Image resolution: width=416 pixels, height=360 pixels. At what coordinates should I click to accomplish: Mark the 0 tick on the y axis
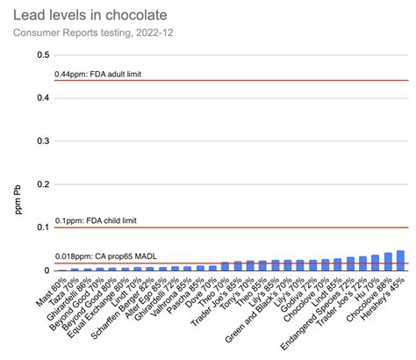pyautogui.click(x=44, y=270)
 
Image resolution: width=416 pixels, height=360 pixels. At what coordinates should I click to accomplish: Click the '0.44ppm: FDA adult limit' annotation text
pyautogui.click(x=109, y=74)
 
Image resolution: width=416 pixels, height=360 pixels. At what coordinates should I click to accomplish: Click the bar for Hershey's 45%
pyautogui.click(x=400, y=261)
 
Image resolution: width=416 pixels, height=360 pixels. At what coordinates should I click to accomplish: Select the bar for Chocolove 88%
pyautogui.click(x=388, y=262)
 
